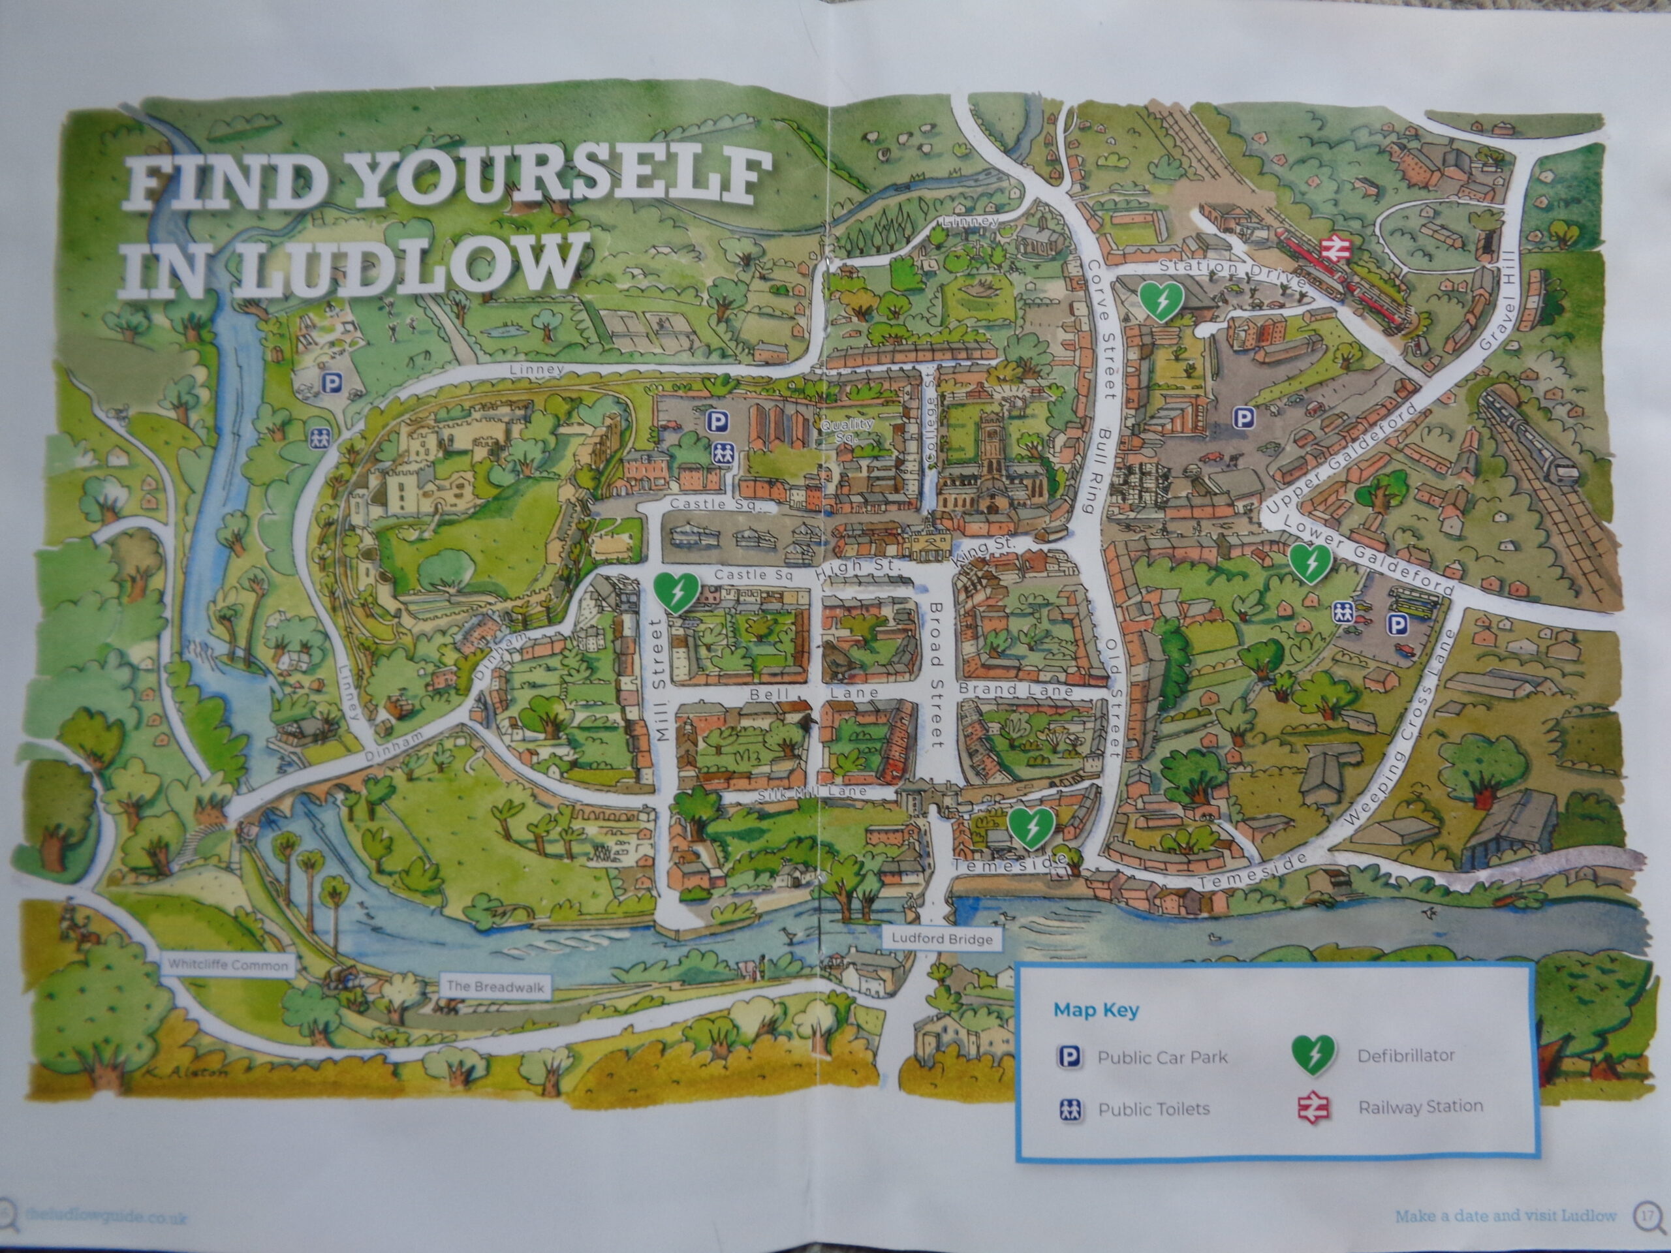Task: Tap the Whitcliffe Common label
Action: (227, 965)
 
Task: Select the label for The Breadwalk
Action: (494, 985)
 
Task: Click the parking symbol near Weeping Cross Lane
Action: (1399, 624)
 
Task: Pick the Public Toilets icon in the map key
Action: (1070, 1109)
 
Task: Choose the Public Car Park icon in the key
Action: (1070, 1057)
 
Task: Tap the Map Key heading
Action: (1096, 1010)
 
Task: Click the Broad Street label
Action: (936, 675)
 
